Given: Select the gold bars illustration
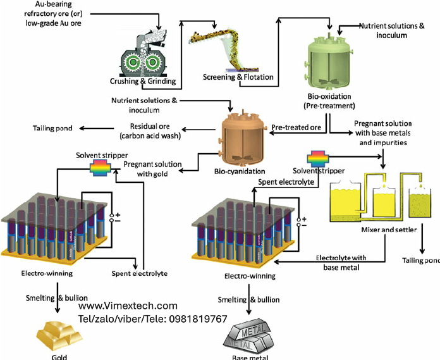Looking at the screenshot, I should (54, 333).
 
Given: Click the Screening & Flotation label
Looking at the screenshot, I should (238, 77).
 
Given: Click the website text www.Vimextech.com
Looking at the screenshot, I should (128, 306).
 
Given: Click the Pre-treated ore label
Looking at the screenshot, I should (296, 127).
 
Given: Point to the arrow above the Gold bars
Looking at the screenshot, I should (58, 308).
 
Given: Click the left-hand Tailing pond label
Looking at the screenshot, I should (52, 130).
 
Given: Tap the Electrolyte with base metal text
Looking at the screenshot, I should (341, 263).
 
